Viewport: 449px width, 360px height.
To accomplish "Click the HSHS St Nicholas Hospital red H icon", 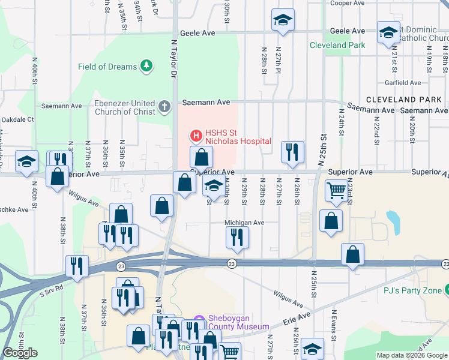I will pos(195,136).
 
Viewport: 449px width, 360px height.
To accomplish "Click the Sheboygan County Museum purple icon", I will pos(200,322).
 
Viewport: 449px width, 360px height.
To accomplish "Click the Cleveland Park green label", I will pos(337,45).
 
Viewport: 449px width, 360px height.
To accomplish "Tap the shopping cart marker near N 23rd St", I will pos(336,191).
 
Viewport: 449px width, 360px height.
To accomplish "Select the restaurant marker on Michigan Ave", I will pos(237,237).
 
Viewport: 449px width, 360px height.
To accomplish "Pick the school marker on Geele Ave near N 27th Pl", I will pos(282,20).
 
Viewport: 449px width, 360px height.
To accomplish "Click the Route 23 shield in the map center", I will pos(231,263).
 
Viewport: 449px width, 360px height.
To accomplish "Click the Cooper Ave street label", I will pos(348,3).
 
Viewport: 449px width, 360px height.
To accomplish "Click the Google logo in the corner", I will pos(20,353).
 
